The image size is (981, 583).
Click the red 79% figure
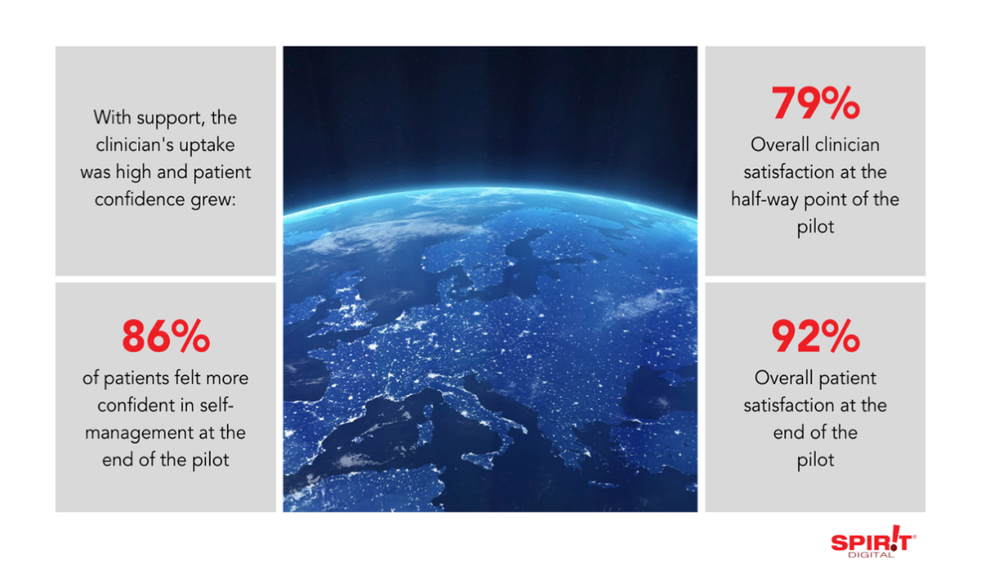[815, 103]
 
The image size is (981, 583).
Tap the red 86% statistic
[166, 337]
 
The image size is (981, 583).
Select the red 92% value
[815, 337]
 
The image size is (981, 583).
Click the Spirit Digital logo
[873, 541]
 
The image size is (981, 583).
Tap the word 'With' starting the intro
[110, 117]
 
